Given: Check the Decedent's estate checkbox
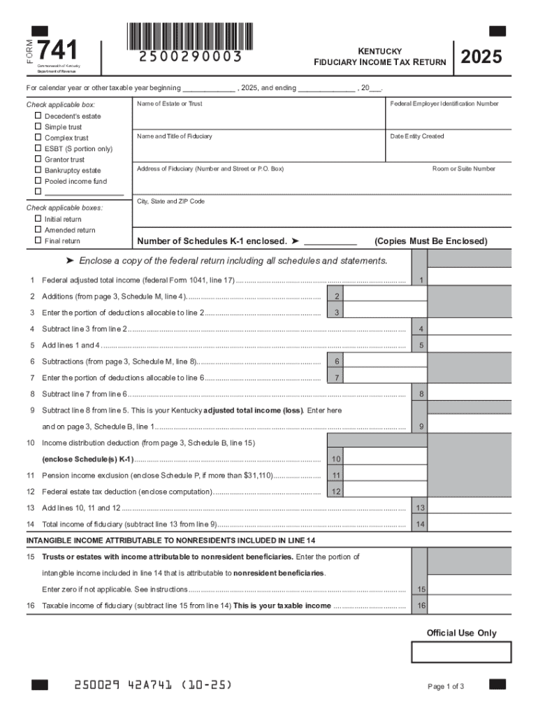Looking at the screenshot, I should [38, 116].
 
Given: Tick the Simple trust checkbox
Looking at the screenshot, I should [38, 127].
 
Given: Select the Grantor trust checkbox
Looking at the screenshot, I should [38, 159].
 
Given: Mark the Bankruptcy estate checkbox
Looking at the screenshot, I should [38, 171].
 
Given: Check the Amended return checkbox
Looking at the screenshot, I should [38, 230].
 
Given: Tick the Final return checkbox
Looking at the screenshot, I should [38, 241].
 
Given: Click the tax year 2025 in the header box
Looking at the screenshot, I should [481, 57].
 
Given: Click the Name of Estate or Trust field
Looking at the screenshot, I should [259, 116].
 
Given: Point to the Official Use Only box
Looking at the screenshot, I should [461, 652].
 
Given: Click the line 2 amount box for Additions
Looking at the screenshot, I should [385, 296].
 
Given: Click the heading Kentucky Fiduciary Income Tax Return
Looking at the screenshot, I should [379, 57].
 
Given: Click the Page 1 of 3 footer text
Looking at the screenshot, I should [446, 686].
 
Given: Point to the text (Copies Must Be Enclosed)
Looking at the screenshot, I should [431, 241].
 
